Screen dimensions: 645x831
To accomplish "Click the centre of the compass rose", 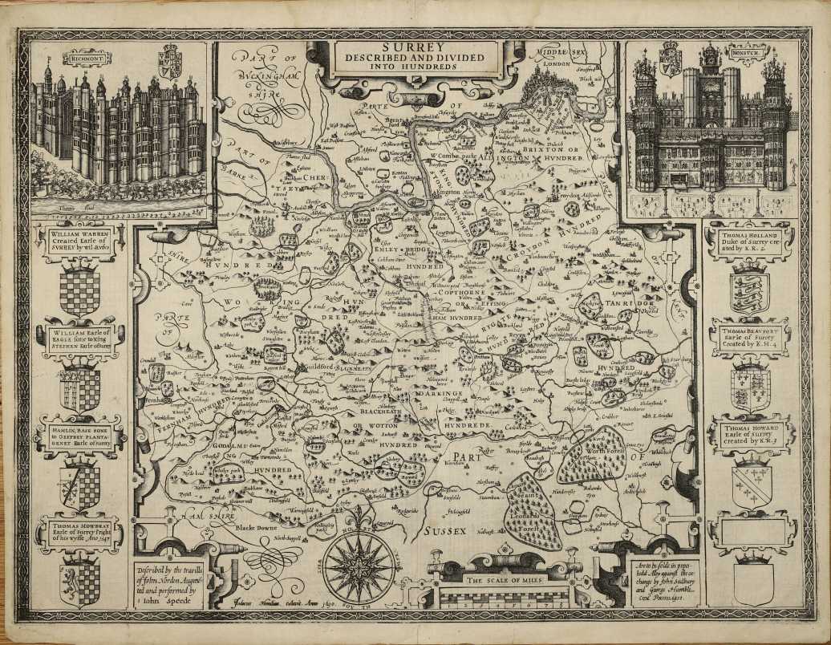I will (359, 568).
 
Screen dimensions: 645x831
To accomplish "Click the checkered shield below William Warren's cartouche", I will (79, 290).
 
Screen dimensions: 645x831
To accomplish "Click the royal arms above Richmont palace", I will (169, 61).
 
